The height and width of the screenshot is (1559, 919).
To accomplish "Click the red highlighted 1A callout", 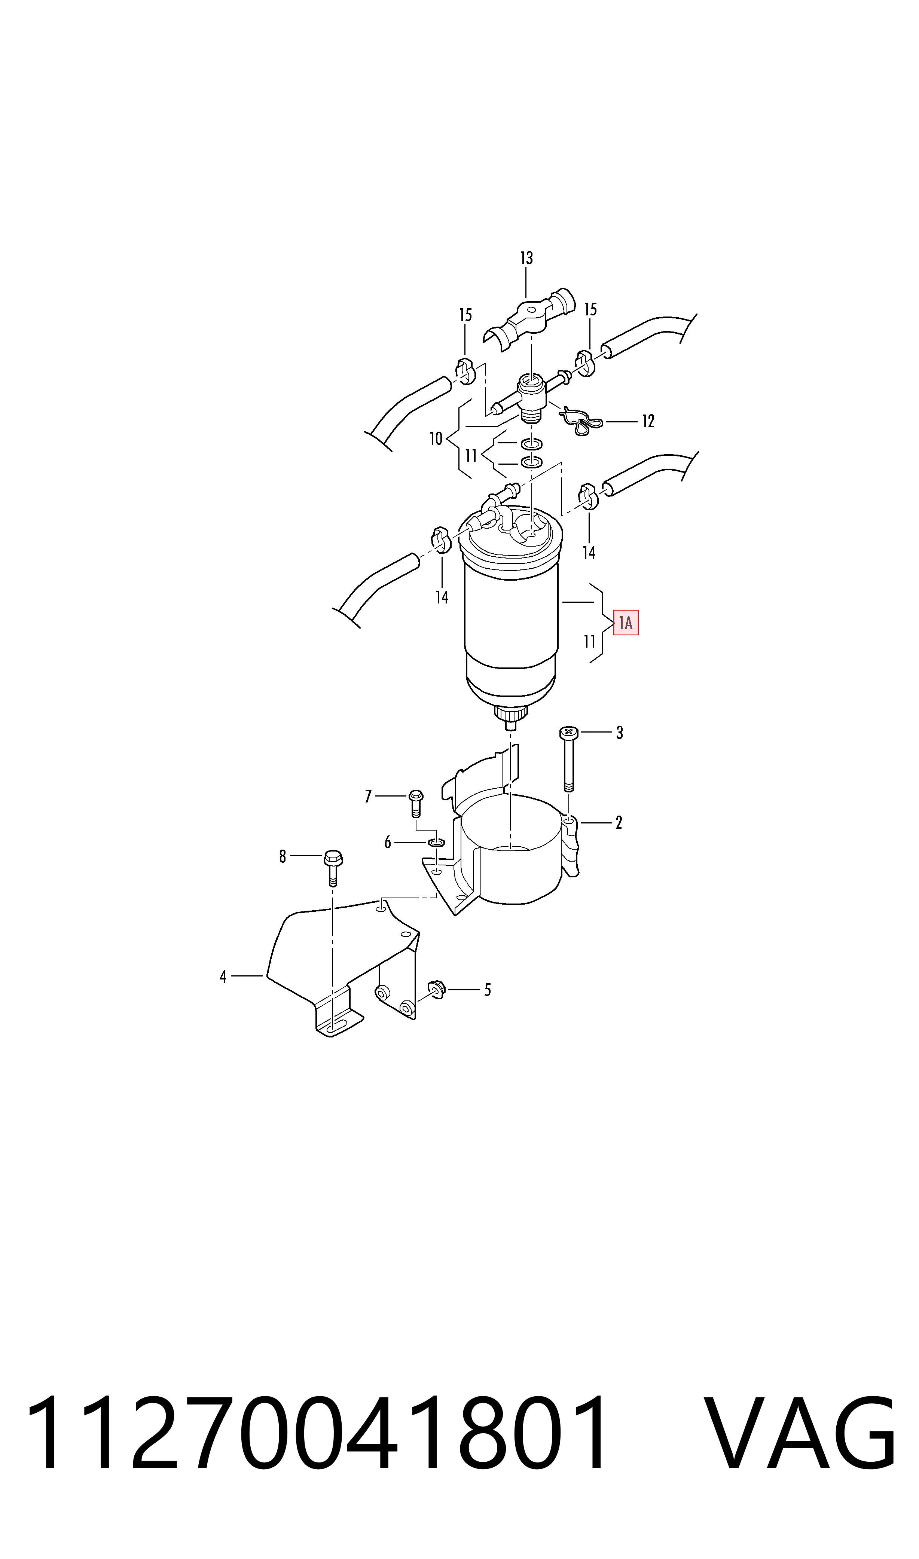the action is [626, 623].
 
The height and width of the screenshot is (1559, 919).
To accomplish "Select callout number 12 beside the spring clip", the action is [648, 422].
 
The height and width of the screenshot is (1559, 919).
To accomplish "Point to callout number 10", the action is [436, 439].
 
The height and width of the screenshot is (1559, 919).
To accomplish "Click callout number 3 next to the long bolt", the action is [619, 733].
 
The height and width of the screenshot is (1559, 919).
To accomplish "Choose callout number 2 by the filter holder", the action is [619, 823].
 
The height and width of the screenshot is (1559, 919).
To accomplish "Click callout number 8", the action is [283, 856].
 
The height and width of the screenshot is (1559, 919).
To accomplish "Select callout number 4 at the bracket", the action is [223, 977].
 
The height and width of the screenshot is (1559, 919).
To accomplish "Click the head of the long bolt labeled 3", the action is [568, 733].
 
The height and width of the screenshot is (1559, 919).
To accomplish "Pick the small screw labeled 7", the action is [415, 804].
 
